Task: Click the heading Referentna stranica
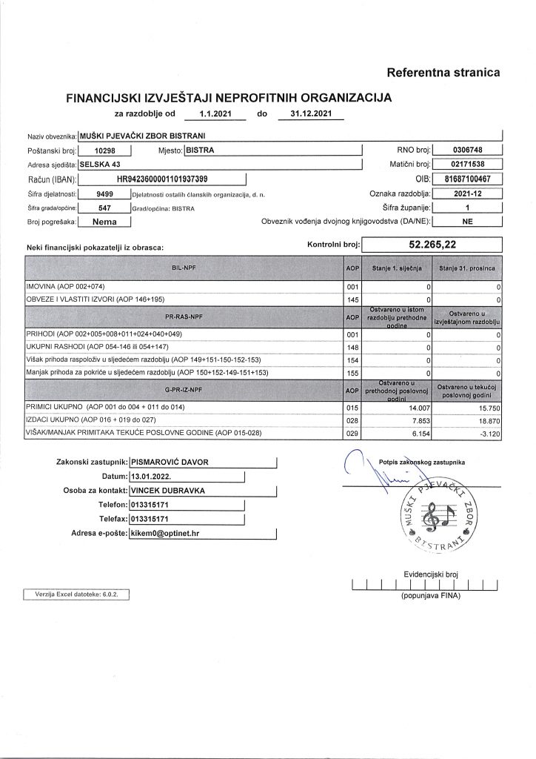[443, 73]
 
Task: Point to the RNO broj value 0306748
[466, 150]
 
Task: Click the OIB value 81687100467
[466, 179]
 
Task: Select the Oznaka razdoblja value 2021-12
[466, 193]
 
